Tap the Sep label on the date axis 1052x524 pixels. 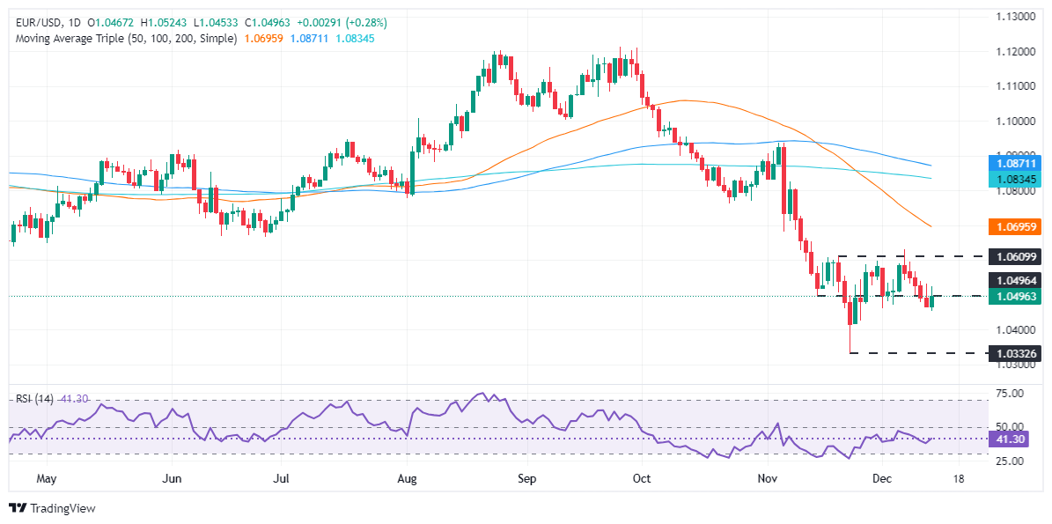(x=526, y=478)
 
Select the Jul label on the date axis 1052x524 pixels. (x=280, y=478)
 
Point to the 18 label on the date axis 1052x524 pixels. (x=958, y=478)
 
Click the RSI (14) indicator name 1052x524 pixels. (x=33, y=398)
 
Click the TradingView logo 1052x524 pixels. (x=52, y=508)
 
